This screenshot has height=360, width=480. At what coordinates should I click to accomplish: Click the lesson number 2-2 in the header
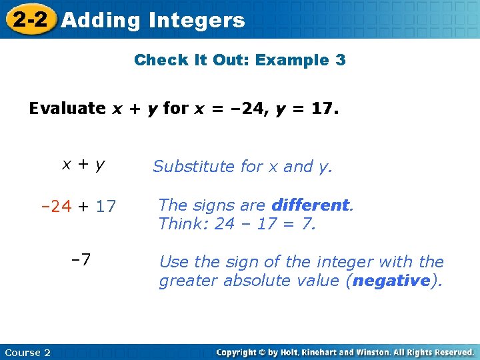point(31,20)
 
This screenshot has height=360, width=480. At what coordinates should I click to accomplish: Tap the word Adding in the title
point(101,21)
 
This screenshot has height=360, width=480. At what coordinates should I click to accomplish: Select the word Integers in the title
point(197,21)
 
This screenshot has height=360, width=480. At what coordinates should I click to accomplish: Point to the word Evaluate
point(67,108)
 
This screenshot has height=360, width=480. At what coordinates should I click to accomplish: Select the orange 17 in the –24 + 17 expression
point(105,207)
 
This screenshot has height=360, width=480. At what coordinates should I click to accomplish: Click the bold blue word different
point(310,205)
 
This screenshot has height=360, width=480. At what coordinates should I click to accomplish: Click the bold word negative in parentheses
point(391,281)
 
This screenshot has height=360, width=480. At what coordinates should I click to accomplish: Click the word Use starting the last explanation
point(173,262)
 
